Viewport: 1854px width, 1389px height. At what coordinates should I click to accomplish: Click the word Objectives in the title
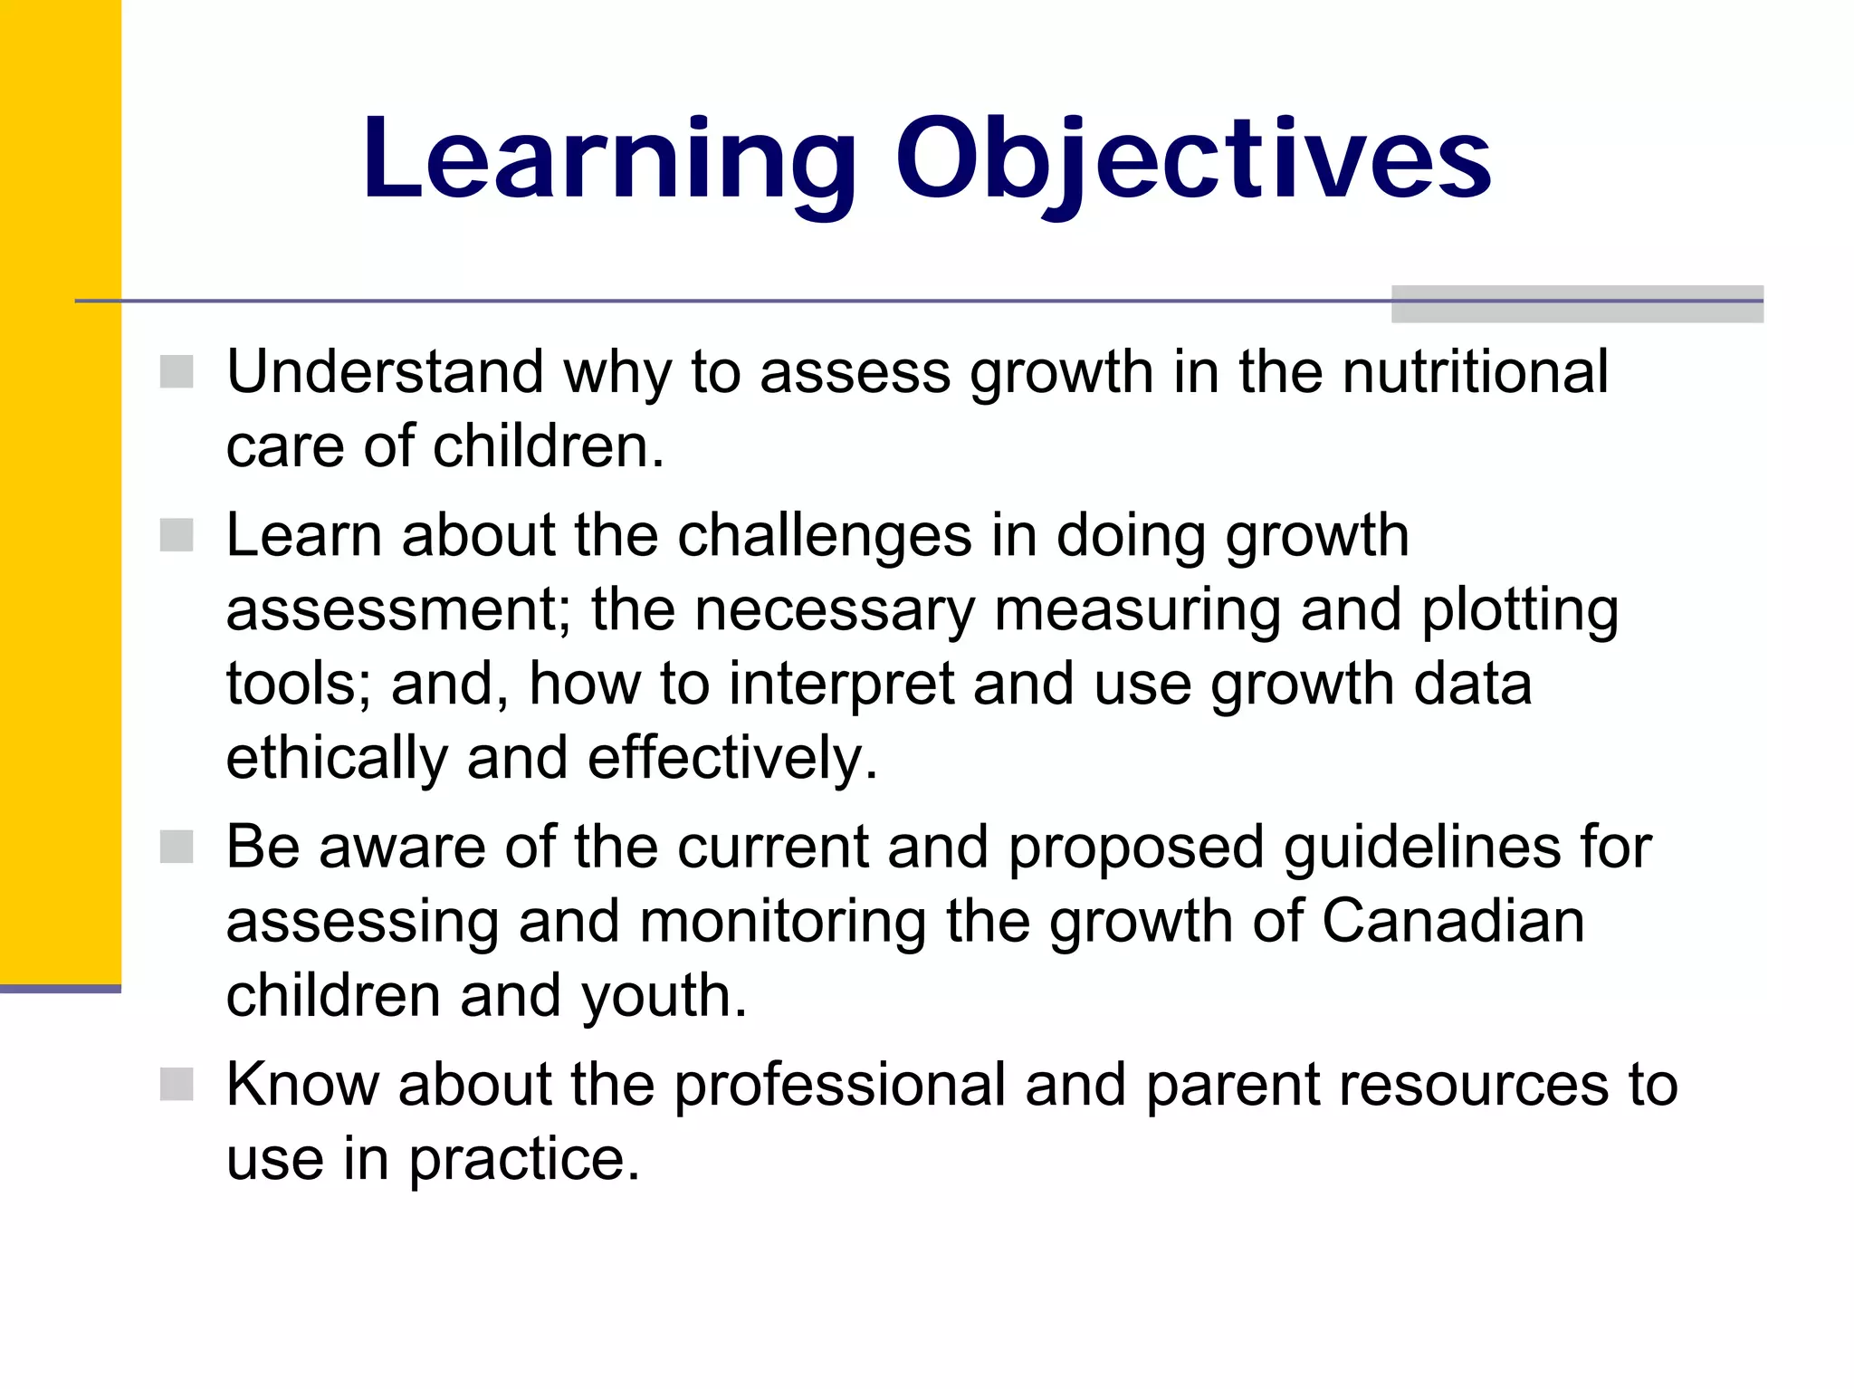click(x=1193, y=160)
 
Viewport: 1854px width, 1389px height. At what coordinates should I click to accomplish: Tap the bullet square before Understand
click(x=177, y=371)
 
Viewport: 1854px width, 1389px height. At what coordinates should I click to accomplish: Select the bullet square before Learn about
click(x=177, y=535)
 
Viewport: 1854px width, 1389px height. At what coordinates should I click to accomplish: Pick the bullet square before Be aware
click(x=177, y=848)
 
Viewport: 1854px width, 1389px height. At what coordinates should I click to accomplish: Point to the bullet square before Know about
click(x=177, y=1084)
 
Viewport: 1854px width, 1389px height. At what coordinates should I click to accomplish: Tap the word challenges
click(x=824, y=535)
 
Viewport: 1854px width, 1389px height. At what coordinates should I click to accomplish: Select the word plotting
click(x=1520, y=610)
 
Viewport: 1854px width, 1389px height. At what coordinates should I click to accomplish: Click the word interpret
click(x=841, y=685)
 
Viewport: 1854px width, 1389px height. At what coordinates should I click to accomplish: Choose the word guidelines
click(x=1422, y=848)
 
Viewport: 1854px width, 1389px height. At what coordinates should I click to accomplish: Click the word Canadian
click(x=1453, y=922)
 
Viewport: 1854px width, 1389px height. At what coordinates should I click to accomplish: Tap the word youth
click(x=664, y=996)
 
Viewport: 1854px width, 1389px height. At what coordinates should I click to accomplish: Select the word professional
click(x=839, y=1085)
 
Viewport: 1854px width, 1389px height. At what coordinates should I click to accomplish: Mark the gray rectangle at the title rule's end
click(x=1577, y=304)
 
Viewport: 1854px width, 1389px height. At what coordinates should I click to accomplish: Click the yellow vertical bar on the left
click(x=60, y=489)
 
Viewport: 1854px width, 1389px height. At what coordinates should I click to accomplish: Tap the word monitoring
click(x=782, y=922)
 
